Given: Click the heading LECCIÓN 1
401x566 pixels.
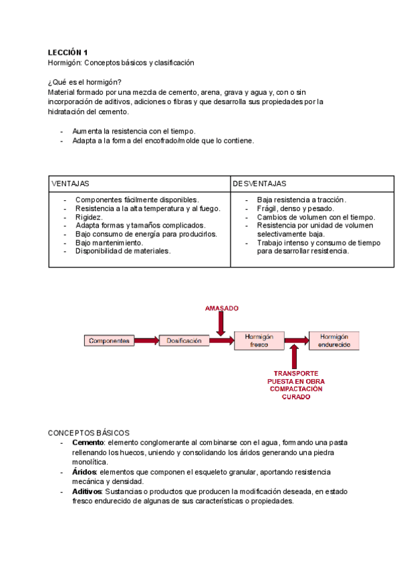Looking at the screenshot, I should (x=67, y=52).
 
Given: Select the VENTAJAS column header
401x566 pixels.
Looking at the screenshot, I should (x=70, y=183).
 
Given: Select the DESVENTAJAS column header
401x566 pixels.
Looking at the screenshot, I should (x=260, y=183).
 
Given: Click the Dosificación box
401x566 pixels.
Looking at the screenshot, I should (x=184, y=340).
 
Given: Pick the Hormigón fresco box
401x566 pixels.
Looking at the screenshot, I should (x=259, y=340).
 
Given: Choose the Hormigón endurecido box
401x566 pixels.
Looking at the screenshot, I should (x=334, y=340).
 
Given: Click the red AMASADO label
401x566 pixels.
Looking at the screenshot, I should (x=221, y=308).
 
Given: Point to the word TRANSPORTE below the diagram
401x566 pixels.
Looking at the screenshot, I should (x=295, y=373).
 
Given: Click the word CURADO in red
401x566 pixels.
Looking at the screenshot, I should (x=295, y=396).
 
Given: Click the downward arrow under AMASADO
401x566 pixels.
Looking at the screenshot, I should (x=221, y=324).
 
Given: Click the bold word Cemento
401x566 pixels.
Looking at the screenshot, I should (x=88, y=443).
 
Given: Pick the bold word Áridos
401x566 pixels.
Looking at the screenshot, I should (x=84, y=472).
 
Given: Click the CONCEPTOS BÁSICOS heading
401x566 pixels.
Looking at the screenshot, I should (x=89, y=433).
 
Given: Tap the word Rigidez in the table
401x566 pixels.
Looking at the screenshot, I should (x=89, y=217).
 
